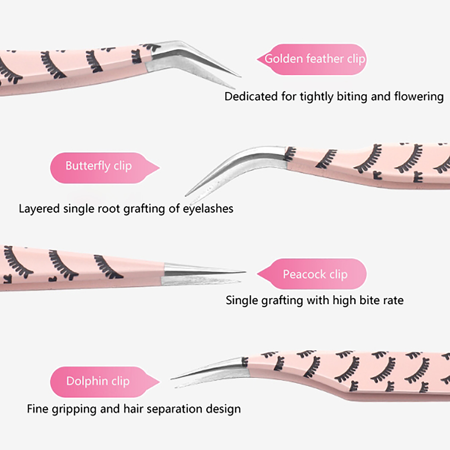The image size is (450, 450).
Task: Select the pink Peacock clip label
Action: click(315, 274)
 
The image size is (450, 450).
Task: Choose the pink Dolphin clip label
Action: click(98, 381)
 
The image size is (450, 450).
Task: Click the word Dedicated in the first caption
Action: click(251, 96)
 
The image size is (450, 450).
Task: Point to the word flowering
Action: click(418, 96)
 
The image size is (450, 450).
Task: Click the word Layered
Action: click(39, 209)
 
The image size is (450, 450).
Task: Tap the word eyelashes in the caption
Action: click(208, 209)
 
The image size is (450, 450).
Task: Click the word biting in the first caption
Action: click(352, 96)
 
